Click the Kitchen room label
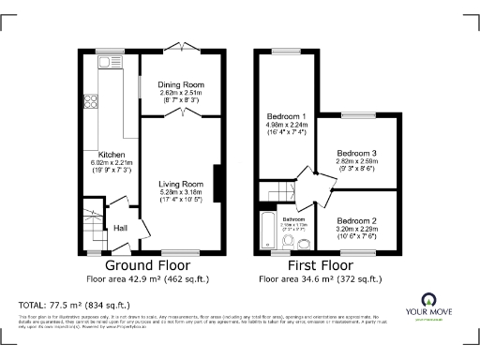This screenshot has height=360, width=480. click(x=112, y=155)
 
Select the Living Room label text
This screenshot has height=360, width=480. click(x=181, y=184)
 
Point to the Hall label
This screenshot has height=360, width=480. click(x=121, y=227)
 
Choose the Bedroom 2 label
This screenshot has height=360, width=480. click(x=356, y=220)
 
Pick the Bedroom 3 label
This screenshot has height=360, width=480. click(x=356, y=153)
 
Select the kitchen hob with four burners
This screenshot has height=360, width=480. click(x=93, y=104)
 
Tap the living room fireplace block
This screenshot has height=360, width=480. click(x=217, y=183)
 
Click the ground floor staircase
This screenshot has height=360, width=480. click(x=92, y=223)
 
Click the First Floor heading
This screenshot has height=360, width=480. click(x=320, y=265)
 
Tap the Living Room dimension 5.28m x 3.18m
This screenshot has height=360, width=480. click(x=181, y=193)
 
